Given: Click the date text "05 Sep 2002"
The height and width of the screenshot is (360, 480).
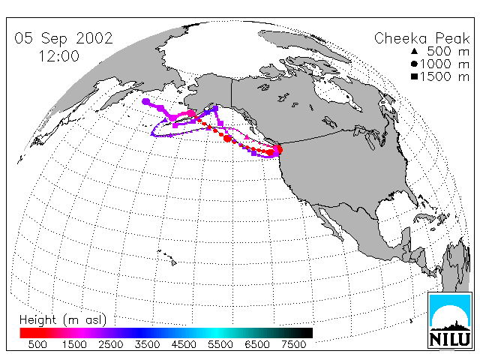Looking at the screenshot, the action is [x=64, y=38].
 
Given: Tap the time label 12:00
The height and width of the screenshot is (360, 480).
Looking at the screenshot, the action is [x=58, y=56].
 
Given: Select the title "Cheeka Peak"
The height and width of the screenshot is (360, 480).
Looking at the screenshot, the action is [x=421, y=38].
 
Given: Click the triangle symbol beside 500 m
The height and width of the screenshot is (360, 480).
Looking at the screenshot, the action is [x=414, y=51].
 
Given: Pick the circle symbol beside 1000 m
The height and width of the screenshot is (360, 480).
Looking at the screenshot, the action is [x=414, y=64].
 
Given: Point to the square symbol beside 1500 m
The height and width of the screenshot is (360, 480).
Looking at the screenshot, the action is [x=414, y=76].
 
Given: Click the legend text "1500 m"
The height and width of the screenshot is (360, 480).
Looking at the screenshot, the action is [x=445, y=76].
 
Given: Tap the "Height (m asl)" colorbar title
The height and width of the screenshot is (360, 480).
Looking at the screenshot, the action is [x=63, y=320].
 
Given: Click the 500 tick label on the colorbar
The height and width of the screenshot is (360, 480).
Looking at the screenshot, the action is [x=37, y=344].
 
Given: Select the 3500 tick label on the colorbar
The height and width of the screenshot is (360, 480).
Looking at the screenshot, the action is [x=147, y=344].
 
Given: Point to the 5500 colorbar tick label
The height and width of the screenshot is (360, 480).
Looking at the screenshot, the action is [x=220, y=344].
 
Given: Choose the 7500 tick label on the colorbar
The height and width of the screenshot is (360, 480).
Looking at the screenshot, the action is [x=293, y=344].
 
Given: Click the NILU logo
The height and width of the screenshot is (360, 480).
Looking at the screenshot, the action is [x=450, y=320].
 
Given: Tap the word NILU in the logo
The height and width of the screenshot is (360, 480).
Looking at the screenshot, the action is [x=450, y=339].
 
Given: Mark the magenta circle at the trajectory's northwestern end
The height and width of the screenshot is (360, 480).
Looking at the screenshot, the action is [x=146, y=102].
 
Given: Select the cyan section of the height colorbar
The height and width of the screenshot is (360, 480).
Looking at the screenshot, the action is [x=216, y=333].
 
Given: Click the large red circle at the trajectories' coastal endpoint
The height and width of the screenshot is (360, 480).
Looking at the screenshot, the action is [x=278, y=150].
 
